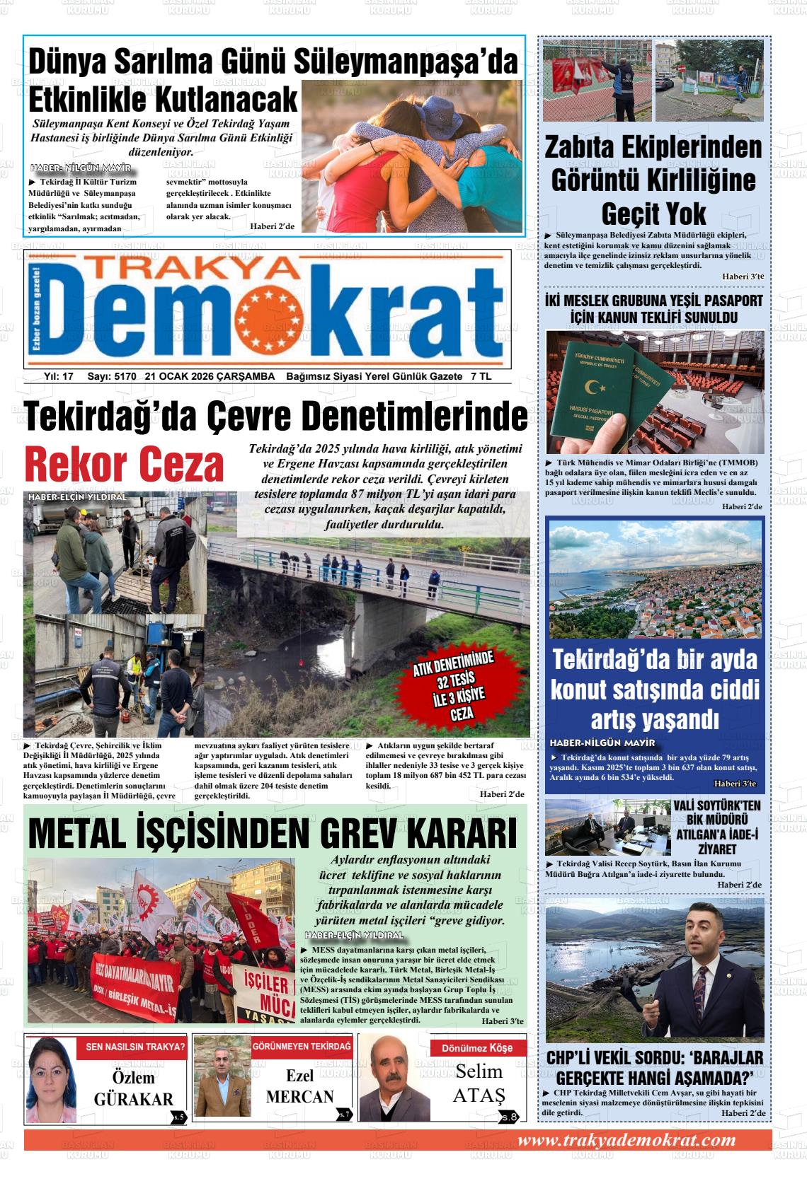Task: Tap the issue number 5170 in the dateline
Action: tap(124, 377)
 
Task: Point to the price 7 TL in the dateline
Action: tap(481, 377)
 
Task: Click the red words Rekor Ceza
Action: tap(124, 465)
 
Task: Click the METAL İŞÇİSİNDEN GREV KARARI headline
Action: tap(273, 835)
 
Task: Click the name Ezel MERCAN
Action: tap(299, 1087)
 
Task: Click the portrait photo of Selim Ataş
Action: tap(391, 1079)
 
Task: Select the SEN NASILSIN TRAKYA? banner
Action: tap(135, 1047)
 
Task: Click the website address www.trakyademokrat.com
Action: tap(626, 1140)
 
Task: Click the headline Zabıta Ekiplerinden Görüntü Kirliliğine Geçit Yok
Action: tap(653, 180)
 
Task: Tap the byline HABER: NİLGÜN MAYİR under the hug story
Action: tap(82, 168)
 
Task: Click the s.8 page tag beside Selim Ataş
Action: tap(509, 1117)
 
